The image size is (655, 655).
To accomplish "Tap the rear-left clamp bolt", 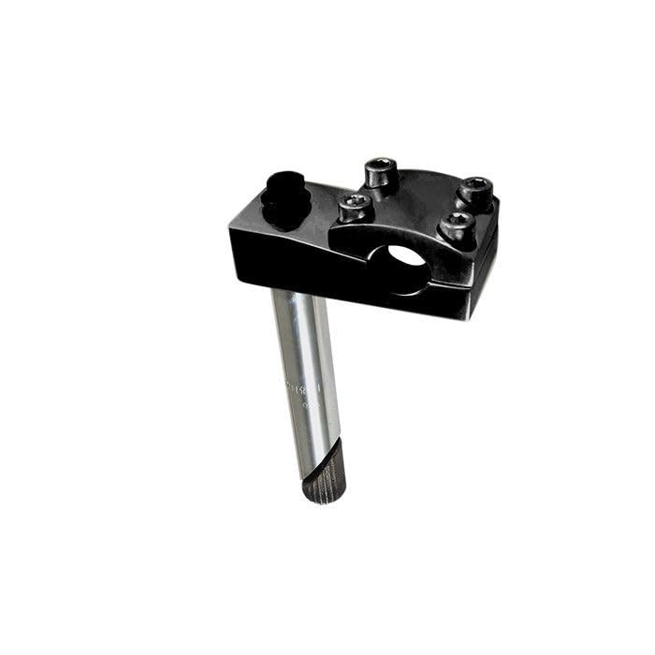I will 380,173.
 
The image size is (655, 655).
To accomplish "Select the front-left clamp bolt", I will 356,208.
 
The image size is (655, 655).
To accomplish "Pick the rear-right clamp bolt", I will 475,193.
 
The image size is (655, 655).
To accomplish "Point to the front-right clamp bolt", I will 458,226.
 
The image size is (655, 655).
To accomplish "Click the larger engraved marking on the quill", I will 304,386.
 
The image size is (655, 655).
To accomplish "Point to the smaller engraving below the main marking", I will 312,406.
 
